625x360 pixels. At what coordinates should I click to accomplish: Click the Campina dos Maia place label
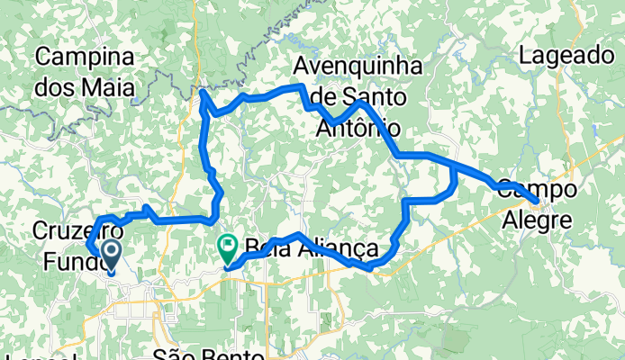(85, 72)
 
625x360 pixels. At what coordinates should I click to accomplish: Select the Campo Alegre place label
(535, 204)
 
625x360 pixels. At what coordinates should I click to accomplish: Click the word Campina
(85, 57)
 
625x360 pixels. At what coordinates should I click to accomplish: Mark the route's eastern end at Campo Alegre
(538, 200)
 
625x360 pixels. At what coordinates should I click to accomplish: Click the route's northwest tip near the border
(204, 92)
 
